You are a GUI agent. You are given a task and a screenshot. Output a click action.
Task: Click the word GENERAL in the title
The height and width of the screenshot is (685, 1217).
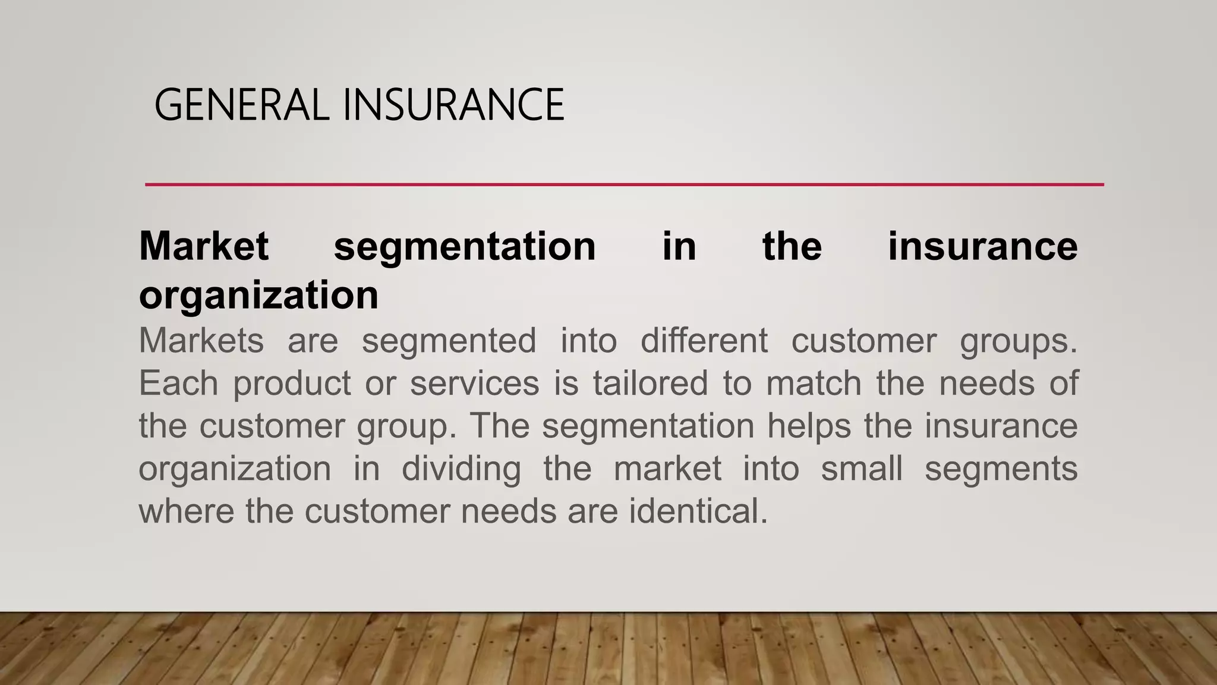241,105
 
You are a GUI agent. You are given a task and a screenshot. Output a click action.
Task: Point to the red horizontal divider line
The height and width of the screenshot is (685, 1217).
624,185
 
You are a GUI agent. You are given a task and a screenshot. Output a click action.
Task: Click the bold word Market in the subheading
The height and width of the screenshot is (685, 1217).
204,246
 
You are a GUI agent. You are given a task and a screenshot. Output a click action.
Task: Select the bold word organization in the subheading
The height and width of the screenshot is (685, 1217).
258,295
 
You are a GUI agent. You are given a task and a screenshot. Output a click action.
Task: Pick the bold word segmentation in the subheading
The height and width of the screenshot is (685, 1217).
465,246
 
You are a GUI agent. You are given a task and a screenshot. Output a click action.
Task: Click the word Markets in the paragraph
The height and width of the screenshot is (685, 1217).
201,341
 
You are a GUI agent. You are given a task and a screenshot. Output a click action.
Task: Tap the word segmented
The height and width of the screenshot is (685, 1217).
449,341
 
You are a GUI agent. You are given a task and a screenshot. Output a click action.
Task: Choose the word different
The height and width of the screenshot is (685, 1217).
704,341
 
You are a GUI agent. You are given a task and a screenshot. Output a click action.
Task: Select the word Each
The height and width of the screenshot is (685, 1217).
178,383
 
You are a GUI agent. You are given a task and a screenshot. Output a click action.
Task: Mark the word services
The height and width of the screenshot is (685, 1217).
475,383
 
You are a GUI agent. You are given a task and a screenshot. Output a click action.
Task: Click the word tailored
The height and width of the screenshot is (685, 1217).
650,383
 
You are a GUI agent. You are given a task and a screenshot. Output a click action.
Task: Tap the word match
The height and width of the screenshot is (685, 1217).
814,383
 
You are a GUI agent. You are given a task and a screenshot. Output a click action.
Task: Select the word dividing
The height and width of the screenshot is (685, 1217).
461,469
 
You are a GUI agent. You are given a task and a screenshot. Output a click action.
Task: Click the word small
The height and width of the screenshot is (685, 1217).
862,468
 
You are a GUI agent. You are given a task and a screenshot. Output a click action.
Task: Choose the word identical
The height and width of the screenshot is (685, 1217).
698,511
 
